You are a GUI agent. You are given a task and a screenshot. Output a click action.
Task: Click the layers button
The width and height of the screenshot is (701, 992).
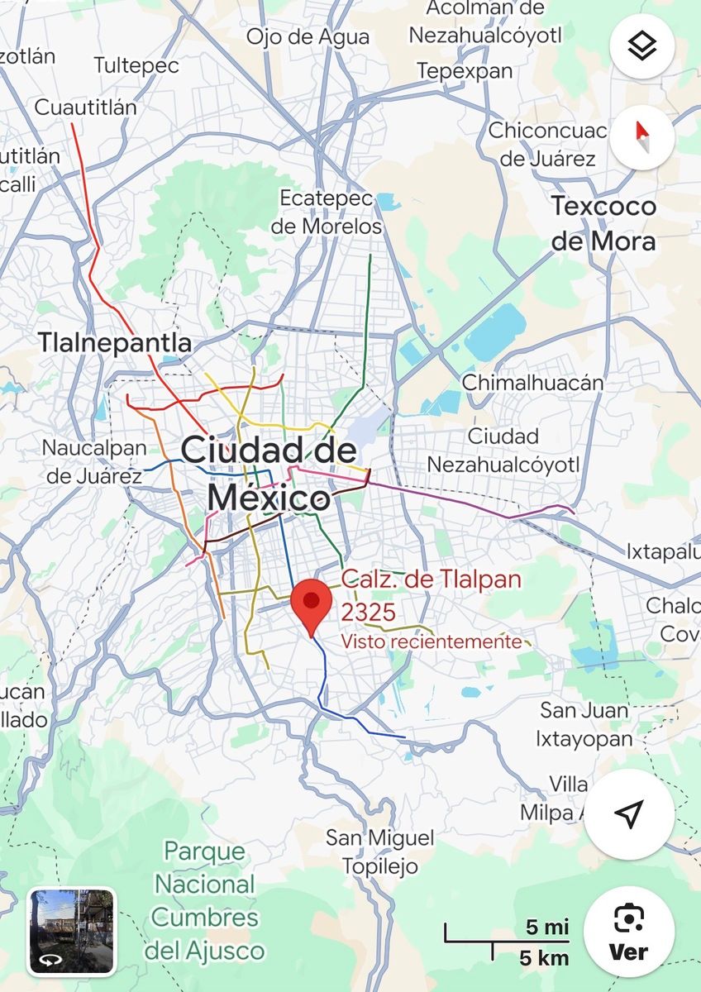click(x=641, y=46)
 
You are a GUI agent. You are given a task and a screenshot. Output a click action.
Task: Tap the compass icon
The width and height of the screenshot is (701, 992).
click(x=641, y=137)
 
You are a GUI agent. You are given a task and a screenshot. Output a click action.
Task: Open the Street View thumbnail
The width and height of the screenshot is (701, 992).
click(x=72, y=930)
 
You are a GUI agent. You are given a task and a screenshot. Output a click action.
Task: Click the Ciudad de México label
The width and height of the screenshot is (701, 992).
click(x=269, y=475)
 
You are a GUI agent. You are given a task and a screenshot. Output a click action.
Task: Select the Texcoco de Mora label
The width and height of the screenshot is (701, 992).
click(x=603, y=223)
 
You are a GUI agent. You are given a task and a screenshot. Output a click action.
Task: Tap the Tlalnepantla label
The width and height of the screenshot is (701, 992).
click(x=115, y=343)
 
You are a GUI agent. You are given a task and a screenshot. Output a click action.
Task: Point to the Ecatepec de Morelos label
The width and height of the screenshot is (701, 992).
click(x=330, y=212)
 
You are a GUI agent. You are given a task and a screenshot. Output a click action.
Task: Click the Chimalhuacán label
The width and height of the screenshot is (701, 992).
click(x=532, y=383)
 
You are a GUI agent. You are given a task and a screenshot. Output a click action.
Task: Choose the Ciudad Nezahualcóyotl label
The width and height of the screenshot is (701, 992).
click(x=503, y=451)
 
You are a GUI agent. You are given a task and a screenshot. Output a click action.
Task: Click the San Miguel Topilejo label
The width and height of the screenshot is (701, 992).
click(x=379, y=851)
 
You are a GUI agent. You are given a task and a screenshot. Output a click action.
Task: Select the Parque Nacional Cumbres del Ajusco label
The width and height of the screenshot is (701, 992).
click(x=205, y=900)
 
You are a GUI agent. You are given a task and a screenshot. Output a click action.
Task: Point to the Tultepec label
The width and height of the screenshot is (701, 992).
click(x=136, y=65)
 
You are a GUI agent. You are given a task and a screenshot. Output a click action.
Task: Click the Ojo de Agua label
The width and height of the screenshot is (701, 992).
click(x=308, y=36)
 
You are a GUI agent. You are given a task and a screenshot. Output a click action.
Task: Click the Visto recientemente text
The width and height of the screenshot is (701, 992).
click(x=432, y=641)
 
